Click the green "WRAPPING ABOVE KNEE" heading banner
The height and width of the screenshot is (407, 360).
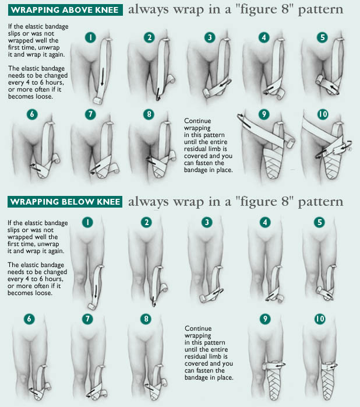click(65, 10)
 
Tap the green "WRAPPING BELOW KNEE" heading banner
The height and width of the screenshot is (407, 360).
click(65, 202)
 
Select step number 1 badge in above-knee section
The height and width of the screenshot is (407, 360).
click(90, 37)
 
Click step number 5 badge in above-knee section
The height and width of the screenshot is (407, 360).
click(322, 37)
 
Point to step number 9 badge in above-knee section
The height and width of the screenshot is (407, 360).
click(264, 114)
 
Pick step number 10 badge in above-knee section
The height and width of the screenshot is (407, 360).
click(323, 114)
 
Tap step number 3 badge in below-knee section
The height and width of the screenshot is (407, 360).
click(207, 222)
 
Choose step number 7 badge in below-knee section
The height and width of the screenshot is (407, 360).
click(87, 319)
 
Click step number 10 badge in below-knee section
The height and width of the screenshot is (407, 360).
click(320, 319)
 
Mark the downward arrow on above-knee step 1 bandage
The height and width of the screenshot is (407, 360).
click(103, 76)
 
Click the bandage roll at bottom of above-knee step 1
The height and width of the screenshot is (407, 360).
click(98, 101)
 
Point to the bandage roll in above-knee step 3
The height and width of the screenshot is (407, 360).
click(207, 93)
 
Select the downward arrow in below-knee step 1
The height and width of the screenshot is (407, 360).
click(96, 292)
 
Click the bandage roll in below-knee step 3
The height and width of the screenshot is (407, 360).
click(204, 298)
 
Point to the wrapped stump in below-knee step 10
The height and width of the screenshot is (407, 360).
click(329, 381)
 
